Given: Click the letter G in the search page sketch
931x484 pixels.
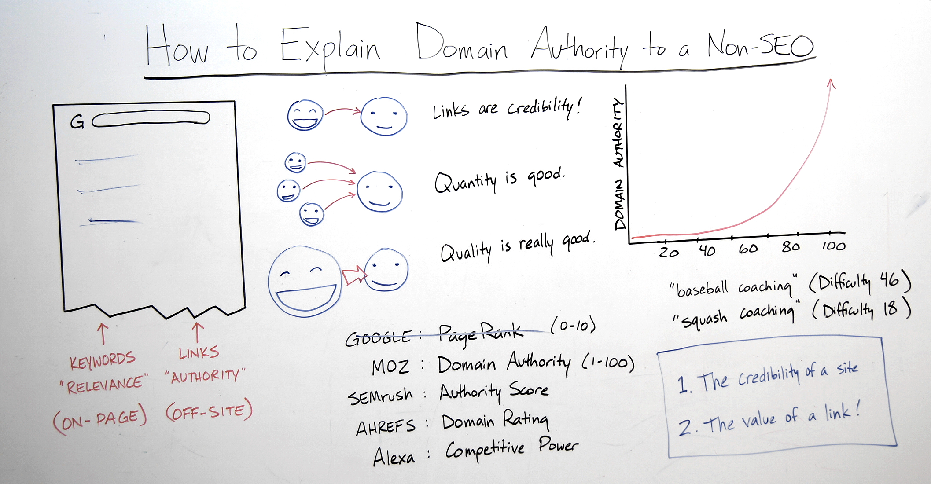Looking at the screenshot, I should tap(77, 122).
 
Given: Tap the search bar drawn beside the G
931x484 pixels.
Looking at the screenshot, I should tap(151, 119).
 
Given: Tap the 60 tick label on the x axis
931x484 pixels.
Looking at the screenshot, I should tap(748, 249).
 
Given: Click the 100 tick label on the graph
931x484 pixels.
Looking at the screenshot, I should tap(833, 246).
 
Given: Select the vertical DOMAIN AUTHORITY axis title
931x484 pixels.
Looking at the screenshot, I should tap(619, 164).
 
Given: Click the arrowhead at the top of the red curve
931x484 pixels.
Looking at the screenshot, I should tap(831, 84).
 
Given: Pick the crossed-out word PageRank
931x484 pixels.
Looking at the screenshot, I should tap(481, 333).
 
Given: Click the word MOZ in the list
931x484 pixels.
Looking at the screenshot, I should tap(390, 367).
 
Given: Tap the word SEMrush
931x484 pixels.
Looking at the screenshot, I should tap(380, 396).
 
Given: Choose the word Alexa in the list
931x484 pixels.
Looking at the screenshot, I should tap(394, 457).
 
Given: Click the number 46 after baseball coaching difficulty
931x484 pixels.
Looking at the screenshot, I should tap(890, 280).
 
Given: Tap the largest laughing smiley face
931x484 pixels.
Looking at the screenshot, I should tap(305, 282).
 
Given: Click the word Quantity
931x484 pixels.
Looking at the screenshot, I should tap(465, 181).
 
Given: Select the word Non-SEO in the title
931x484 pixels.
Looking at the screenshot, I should tap(760, 46).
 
